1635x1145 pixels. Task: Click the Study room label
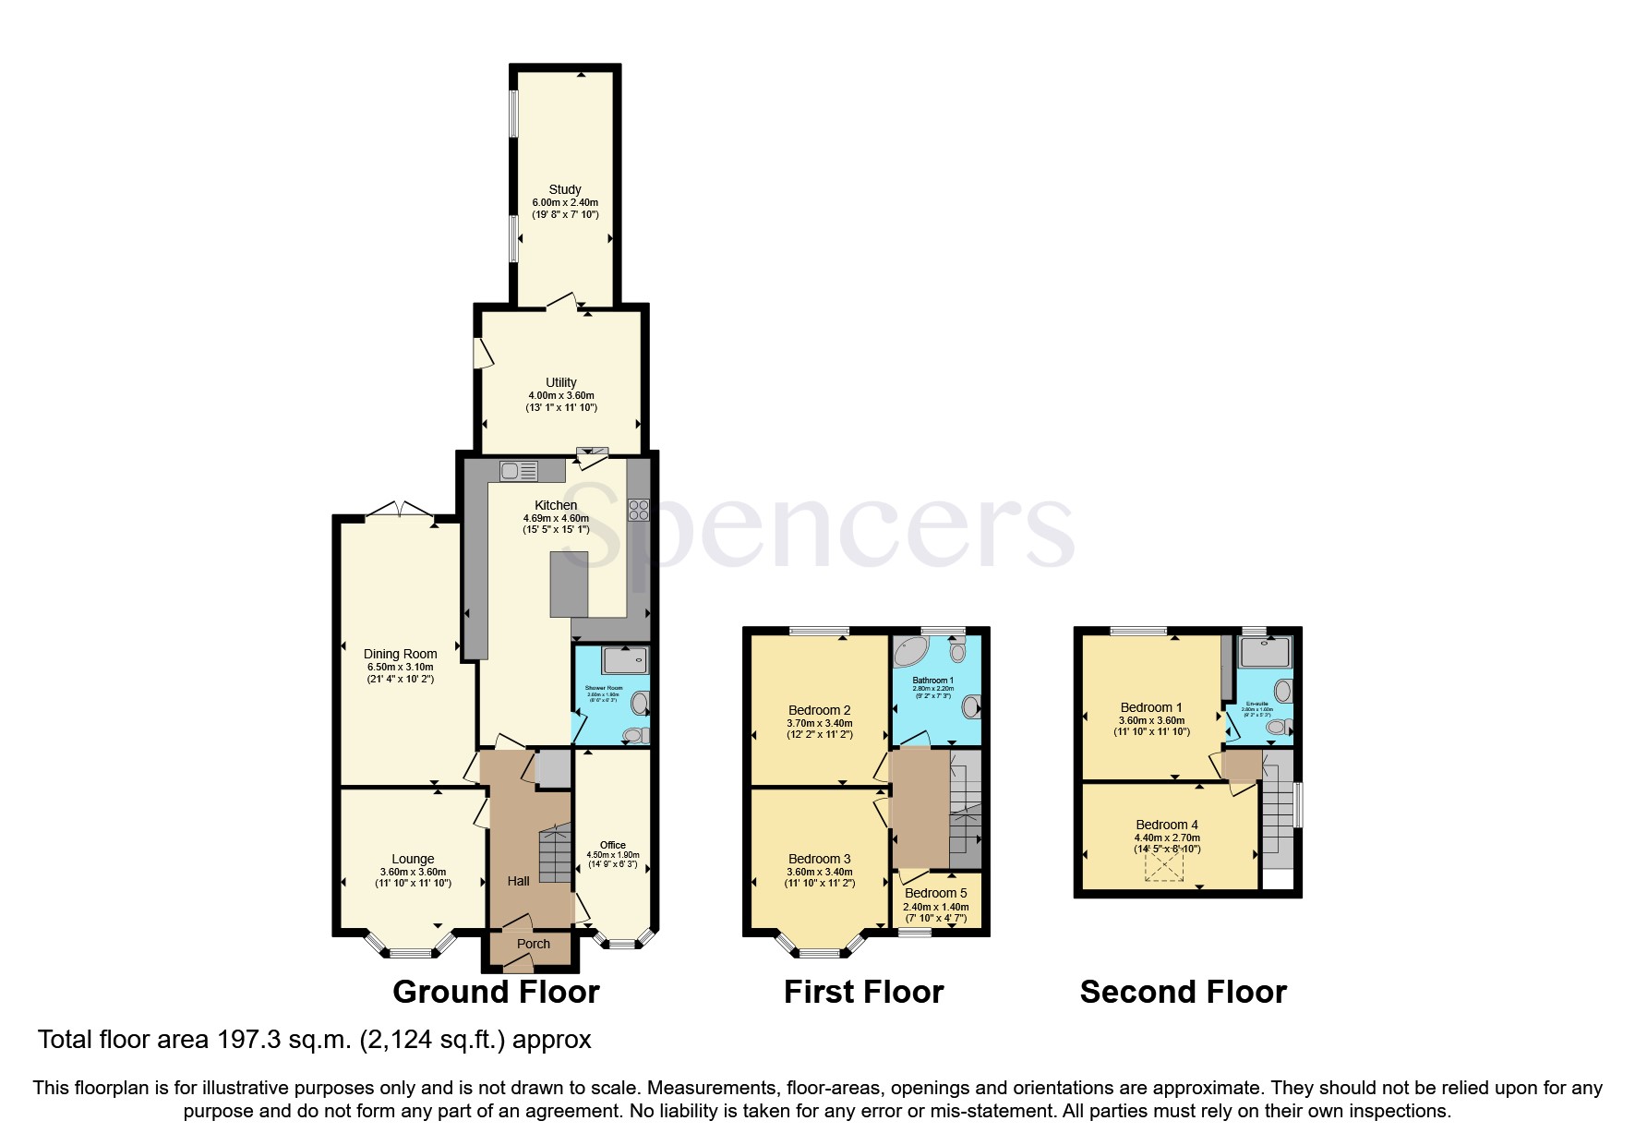click(x=564, y=189)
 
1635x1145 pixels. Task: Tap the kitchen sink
click(x=518, y=471)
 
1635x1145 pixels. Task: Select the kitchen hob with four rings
click(x=639, y=510)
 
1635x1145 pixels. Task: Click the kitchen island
click(x=569, y=584)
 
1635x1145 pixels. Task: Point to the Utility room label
click(x=560, y=382)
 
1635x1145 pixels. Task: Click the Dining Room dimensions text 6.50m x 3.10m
click(x=400, y=667)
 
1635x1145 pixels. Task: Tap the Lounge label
click(x=413, y=859)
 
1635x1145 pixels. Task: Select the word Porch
click(x=534, y=944)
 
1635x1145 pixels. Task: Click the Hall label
click(x=518, y=881)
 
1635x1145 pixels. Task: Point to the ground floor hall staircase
click(x=556, y=855)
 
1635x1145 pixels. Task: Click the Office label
click(x=612, y=845)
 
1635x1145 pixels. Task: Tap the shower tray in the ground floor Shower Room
click(x=625, y=661)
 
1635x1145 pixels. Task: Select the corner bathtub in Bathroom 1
click(x=914, y=651)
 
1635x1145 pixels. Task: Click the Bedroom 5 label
click(x=935, y=893)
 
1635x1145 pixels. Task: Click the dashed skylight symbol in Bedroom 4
click(x=1164, y=866)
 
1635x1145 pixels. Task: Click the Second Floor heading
click(x=1183, y=993)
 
